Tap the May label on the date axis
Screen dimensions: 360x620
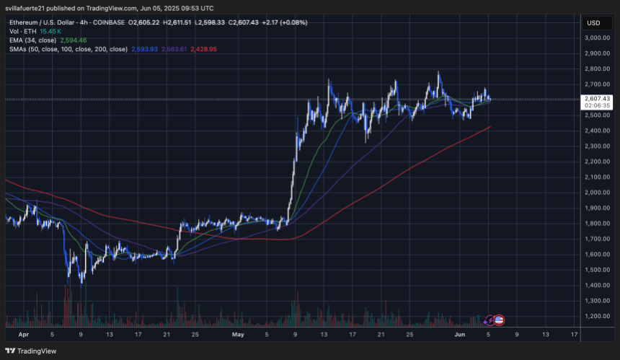click(239, 335)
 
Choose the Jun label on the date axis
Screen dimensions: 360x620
click(461, 335)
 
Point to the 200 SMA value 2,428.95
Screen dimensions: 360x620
click(203, 49)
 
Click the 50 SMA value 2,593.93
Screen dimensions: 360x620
click(146, 49)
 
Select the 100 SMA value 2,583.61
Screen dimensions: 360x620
click(175, 49)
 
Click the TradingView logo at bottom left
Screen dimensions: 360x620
click(30, 351)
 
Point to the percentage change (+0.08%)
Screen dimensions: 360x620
click(292, 22)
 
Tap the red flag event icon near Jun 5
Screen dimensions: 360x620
click(499, 318)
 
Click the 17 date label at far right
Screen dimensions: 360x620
click(573, 335)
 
